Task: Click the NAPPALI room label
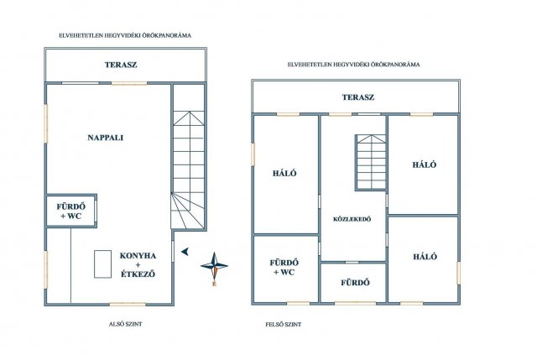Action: [106, 138]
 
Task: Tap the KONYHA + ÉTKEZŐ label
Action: [138, 265]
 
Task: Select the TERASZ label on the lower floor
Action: [121, 65]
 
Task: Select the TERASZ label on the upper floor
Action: [358, 97]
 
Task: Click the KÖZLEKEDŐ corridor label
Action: [352, 219]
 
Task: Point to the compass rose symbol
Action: [214, 266]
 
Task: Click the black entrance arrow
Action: [185, 252]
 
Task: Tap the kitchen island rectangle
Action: [102, 263]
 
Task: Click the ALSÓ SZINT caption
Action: [125, 324]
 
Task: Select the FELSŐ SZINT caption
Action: [284, 325]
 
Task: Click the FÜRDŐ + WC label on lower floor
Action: [70, 211]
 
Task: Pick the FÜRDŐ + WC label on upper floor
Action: [284, 268]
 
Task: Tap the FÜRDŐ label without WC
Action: [355, 283]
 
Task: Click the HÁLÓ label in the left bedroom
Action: [284, 174]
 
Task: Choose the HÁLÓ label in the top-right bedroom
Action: [425, 164]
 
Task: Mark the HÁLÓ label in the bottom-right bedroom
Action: [425, 257]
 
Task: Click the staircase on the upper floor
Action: [371, 162]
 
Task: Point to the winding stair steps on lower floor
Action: [188, 211]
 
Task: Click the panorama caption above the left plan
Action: [125, 35]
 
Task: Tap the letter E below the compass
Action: [215, 284]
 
